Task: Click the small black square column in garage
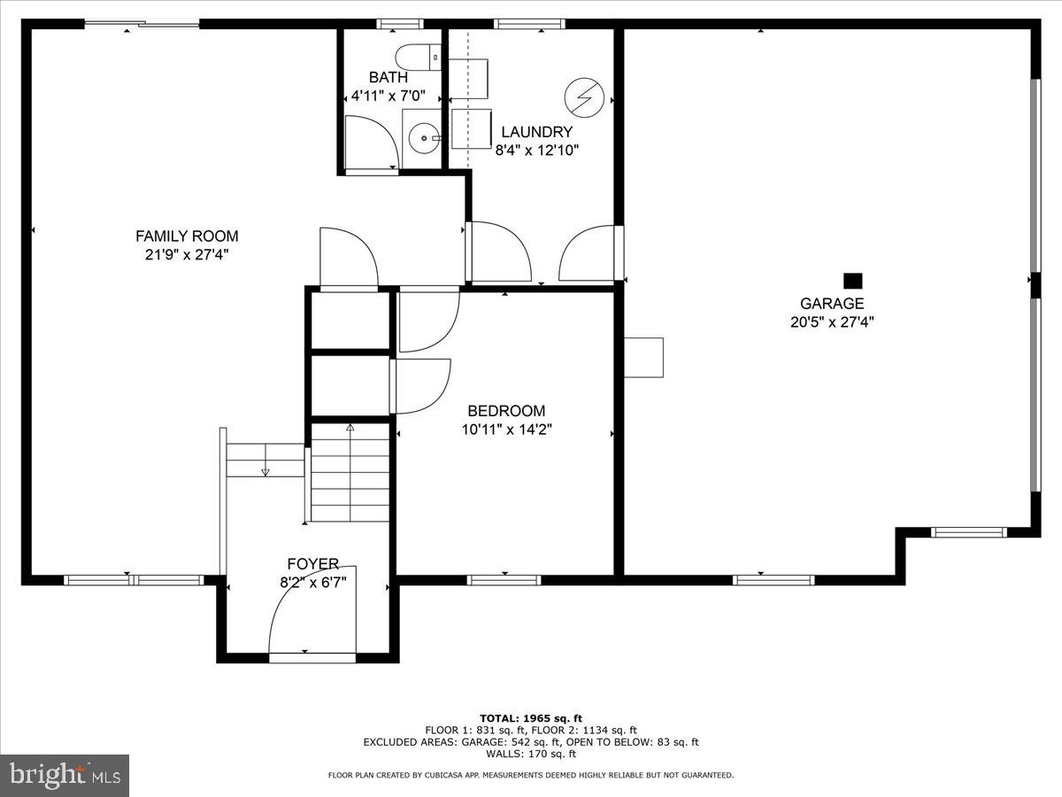point(852,281)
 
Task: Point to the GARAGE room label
point(832,304)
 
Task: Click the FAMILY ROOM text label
point(187,236)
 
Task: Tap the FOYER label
point(312,564)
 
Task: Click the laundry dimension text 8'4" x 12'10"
point(537,151)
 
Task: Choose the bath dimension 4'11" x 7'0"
point(389,96)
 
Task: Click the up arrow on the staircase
point(350,429)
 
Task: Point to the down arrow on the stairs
point(265,471)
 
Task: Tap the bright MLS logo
point(65,775)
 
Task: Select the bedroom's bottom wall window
point(504,581)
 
